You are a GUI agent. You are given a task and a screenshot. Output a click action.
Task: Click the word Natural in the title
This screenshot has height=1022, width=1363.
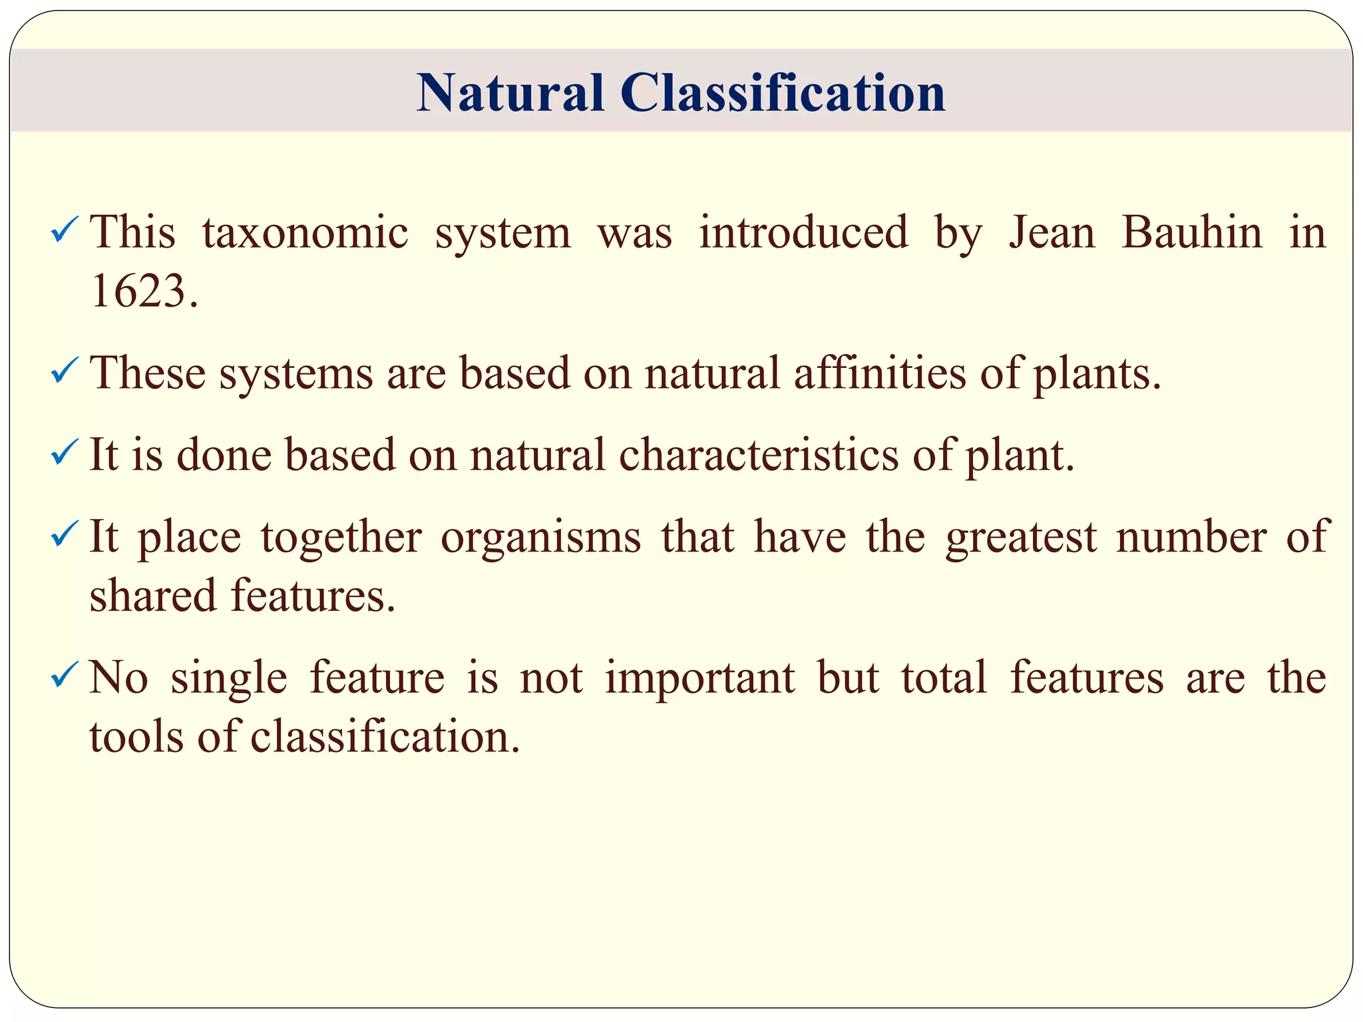click(510, 92)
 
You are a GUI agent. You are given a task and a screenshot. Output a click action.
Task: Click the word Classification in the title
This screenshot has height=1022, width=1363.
click(783, 92)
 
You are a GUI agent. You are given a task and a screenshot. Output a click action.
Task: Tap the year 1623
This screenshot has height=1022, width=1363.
click(144, 292)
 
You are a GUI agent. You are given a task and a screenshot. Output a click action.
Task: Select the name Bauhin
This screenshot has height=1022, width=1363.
click(1191, 233)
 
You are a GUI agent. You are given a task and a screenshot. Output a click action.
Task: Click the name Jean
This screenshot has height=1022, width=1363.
click(1052, 233)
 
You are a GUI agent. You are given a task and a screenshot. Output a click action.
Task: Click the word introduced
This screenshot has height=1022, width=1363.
click(803, 233)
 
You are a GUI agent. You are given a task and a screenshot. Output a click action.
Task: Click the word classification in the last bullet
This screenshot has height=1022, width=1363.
click(385, 737)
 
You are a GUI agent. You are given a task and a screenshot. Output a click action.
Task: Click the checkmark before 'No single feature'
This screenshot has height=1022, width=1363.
click(65, 676)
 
